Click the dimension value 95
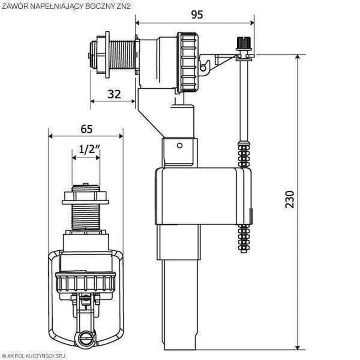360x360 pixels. tap(196, 14)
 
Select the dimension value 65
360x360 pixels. tap(86, 129)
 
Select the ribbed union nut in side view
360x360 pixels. tap(187, 62)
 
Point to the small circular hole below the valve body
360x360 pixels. tap(180, 145)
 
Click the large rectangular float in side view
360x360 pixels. tap(202, 196)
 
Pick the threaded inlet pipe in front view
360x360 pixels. tap(85, 216)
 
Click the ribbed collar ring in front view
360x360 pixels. tap(86, 282)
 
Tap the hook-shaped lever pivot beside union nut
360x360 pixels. tap(205, 66)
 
